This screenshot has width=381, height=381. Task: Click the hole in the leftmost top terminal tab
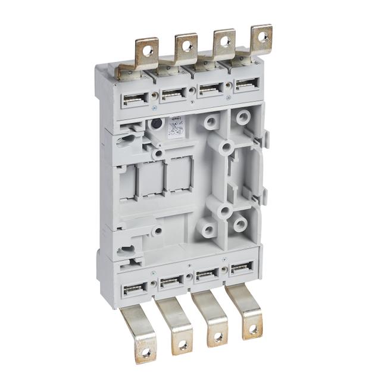[x=148, y=51]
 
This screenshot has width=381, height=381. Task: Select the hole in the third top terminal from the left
[x=224, y=42]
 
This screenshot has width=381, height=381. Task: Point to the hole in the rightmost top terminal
[x=261, y=36]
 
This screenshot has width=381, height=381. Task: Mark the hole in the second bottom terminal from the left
[x=182, y=344]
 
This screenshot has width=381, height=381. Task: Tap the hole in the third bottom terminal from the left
[x=218, y=336]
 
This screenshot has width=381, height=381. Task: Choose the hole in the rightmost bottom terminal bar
[x=253, y=329]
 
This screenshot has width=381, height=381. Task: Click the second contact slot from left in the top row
[x=174, y=93]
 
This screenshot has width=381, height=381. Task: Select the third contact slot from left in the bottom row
[x=207, y=275]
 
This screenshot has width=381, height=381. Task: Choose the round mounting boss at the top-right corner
[x=242, y=117]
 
